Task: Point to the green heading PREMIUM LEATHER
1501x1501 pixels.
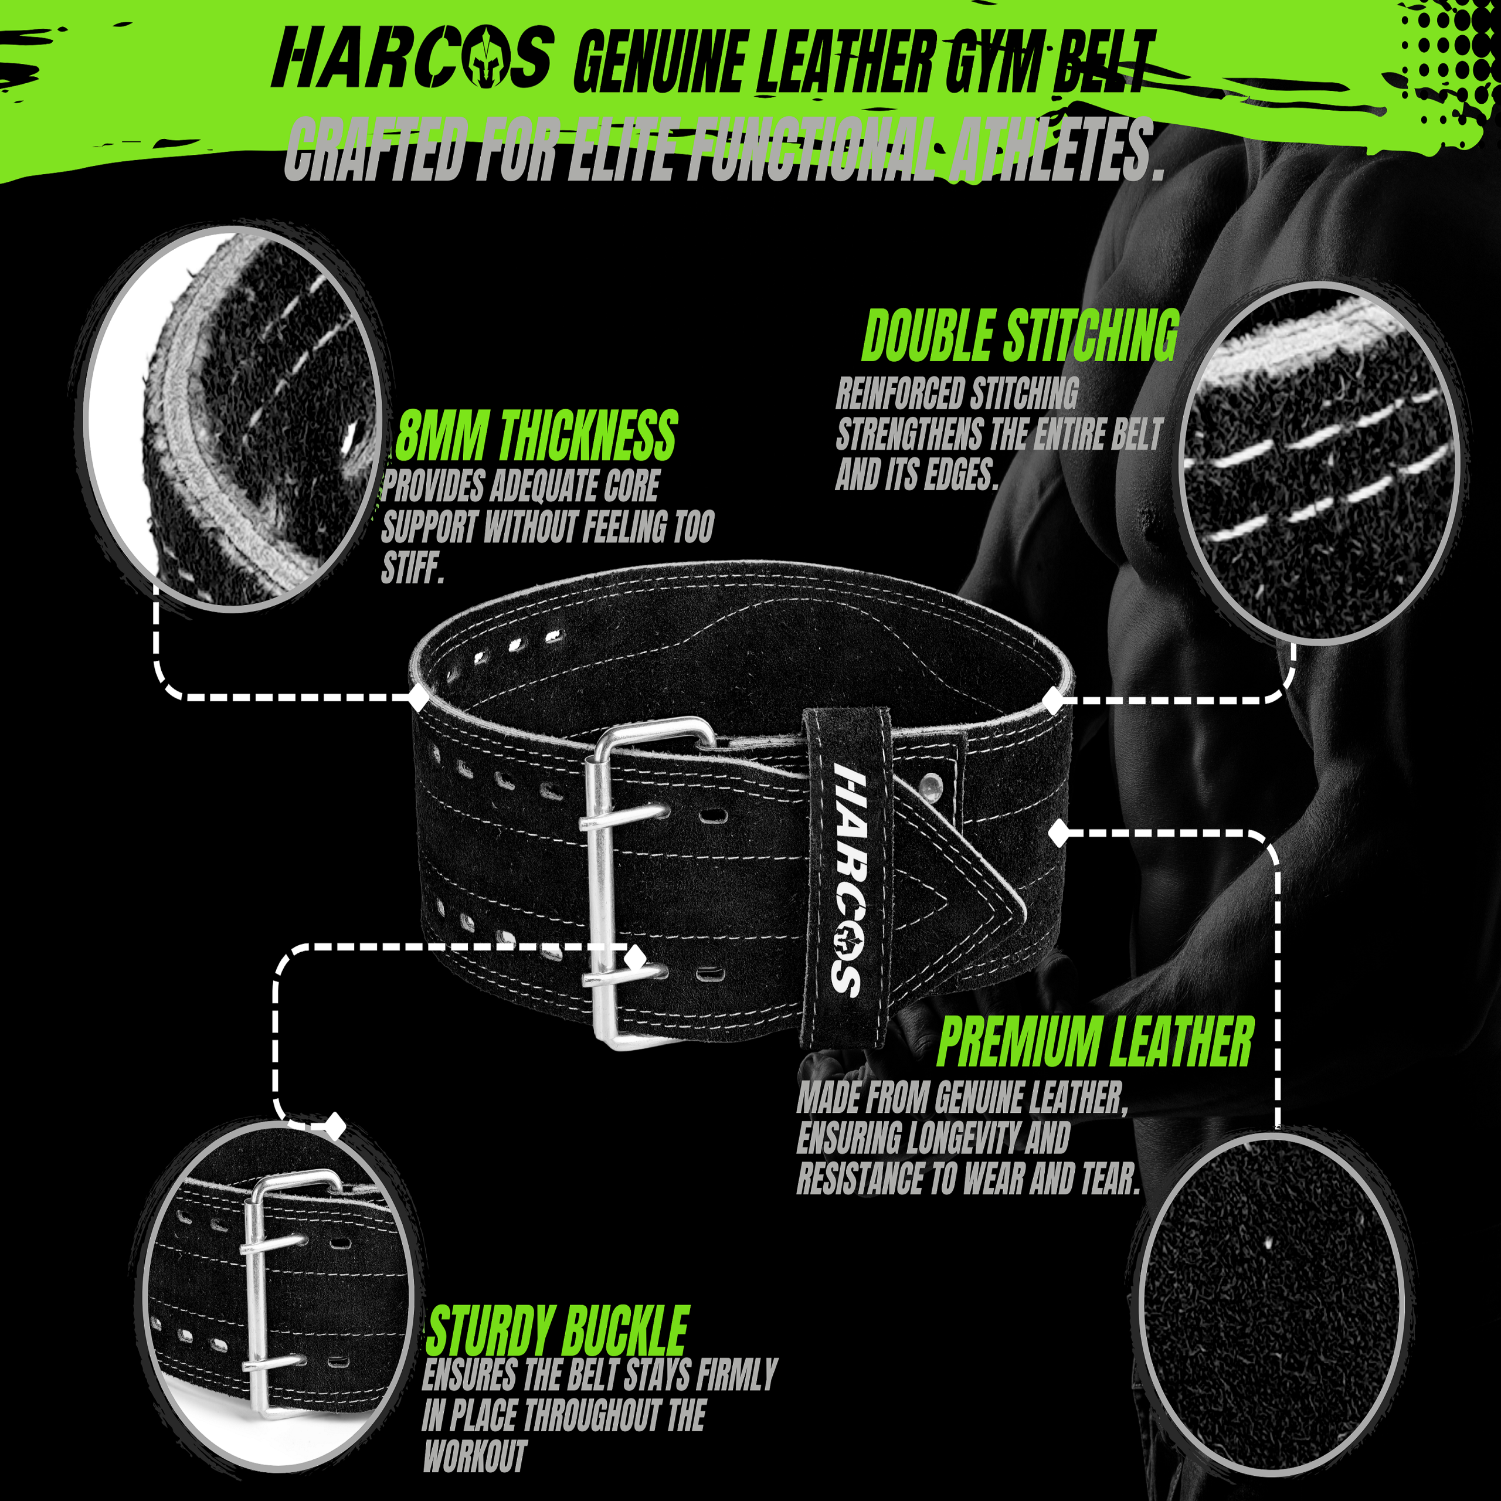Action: (x=1095, y=1042)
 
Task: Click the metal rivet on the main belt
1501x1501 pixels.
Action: (x=929, y=786)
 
